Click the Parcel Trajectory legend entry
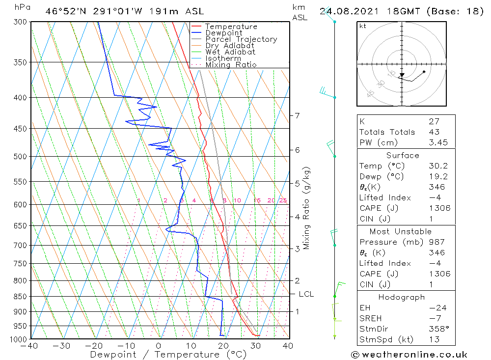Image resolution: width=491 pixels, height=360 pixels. click(241, 39)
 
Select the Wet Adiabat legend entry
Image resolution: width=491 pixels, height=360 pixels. click(230, 52)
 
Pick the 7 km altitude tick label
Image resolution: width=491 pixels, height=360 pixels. click(297, 115)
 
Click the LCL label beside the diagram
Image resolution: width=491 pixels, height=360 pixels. click(306, 294)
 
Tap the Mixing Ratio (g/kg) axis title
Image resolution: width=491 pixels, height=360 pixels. click(306, 208)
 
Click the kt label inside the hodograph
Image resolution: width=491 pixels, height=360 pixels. click(363, 26)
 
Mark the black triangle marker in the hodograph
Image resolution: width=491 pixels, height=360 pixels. click(401, 76)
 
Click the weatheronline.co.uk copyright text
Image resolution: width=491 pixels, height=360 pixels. click(409, 355)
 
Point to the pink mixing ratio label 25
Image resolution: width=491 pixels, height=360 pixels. click(283, 200)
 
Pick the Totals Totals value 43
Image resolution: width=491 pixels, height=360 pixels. click(434, 132)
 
